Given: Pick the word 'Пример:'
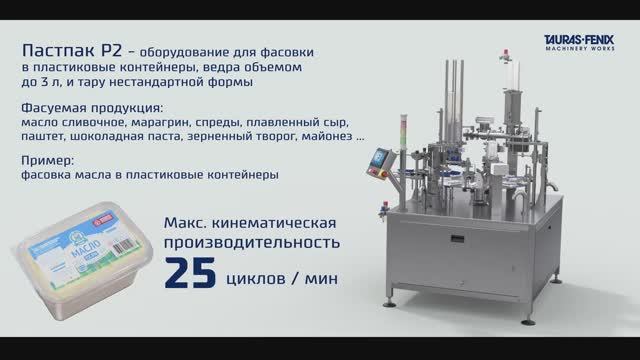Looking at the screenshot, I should coord(46,159).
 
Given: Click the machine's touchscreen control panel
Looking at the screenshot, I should coord(381,159).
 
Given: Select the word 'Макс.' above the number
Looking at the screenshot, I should coord(187,221).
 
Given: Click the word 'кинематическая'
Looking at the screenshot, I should coord(279,221).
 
